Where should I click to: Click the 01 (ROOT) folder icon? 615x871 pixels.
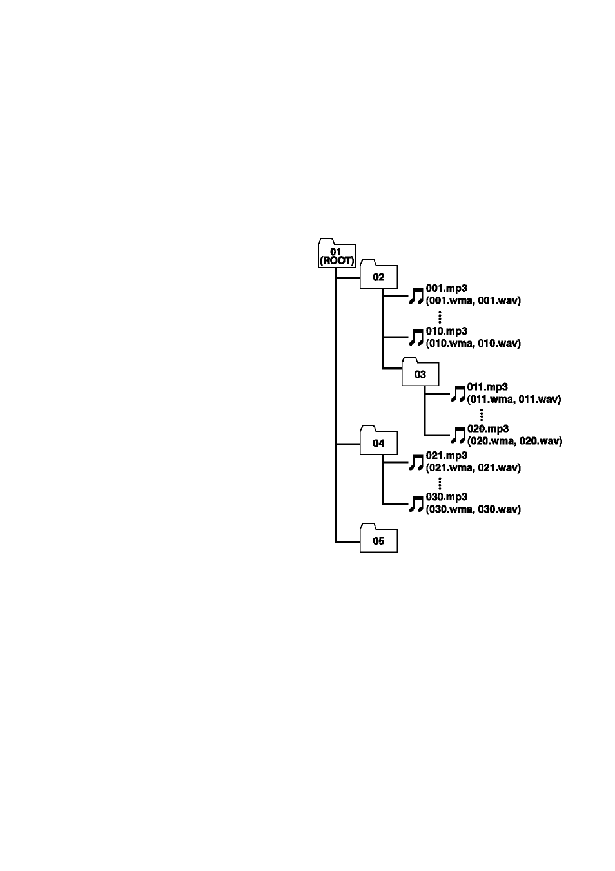(337, 253)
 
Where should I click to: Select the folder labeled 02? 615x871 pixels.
(378, 274)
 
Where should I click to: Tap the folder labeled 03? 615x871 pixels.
(420, 371)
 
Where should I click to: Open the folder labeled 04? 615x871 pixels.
(378, 440)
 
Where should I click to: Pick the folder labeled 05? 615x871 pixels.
(378, 538)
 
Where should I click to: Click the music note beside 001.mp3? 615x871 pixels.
(416, 296)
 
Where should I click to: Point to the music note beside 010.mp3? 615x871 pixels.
(416, 338)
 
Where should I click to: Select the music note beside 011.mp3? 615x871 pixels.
(458, 393)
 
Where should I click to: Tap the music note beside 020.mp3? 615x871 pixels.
(458, 435)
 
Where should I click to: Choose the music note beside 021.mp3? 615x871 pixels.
(416, 462)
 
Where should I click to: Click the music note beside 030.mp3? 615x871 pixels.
(416, 504)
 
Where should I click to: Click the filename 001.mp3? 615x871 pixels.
(446, 289)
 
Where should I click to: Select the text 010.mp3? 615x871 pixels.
(446, 331)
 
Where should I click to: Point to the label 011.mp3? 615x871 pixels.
(487, 387)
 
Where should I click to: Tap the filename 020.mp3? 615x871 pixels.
(488, 429)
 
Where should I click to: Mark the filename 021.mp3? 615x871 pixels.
(446, 456)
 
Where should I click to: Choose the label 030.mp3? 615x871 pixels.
(446, 497)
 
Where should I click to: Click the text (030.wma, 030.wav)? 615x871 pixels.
(473, 509)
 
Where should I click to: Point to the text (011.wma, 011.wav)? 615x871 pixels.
(514, 399)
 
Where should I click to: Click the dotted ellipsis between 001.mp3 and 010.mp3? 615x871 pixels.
(440, 317)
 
